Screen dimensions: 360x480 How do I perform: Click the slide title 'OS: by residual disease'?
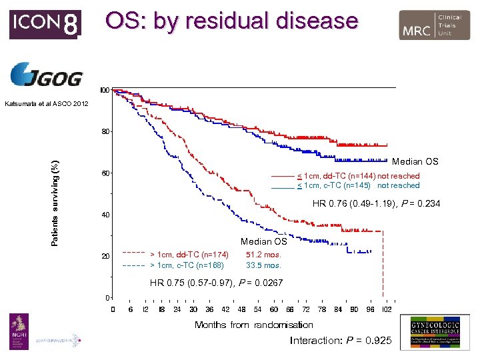click(231, 21)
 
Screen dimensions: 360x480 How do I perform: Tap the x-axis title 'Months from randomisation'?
click(253, 325)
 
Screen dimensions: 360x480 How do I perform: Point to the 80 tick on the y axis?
click(105, 131)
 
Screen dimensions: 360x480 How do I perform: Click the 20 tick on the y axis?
click(105, 256)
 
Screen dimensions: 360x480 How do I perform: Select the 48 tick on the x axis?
click(241, 309)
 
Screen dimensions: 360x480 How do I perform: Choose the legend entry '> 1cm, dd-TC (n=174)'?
click(189, 255)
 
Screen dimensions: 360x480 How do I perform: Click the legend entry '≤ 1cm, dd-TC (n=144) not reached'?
click(358, 176)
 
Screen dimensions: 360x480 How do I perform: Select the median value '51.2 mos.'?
click(264, 255)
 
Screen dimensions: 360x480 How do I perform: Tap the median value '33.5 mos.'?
click(264, 265)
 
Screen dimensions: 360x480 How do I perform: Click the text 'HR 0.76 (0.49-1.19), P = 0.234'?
click(376, 203)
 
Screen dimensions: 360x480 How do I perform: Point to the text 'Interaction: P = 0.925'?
click(340, 341)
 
